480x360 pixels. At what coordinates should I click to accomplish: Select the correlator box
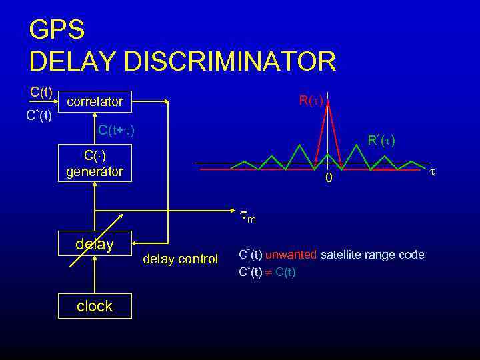point(95,102)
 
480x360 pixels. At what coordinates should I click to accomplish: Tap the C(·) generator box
point(95,163)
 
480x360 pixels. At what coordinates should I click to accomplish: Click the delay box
point(95,244)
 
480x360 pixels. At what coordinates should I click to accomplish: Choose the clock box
point(95,306)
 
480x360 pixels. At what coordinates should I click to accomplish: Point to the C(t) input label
point(41,91)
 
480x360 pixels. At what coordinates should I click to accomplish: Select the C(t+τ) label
point(116,130)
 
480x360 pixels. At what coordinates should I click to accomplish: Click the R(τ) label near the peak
point(311,101)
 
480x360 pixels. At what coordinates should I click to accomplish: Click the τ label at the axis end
point(432,171)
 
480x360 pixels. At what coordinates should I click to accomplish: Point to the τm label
point(247,217)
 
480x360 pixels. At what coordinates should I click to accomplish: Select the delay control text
point(180,259)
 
